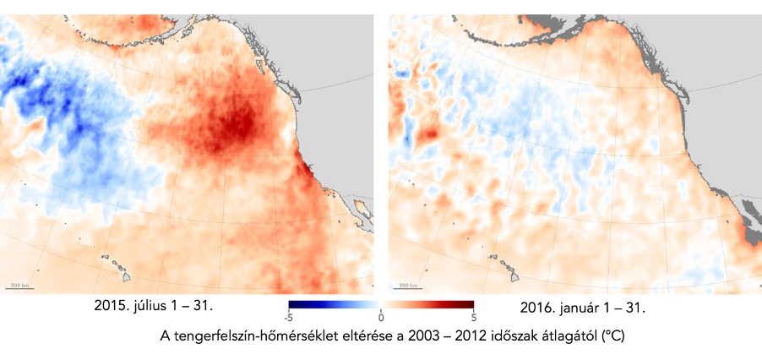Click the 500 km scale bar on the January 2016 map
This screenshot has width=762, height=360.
(x=407, y=287)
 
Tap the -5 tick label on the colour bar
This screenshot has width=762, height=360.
(x=289, y=318)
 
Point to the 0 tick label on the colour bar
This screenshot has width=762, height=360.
(x=381, y=318)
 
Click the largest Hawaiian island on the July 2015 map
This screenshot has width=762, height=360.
(x=126, y=275)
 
